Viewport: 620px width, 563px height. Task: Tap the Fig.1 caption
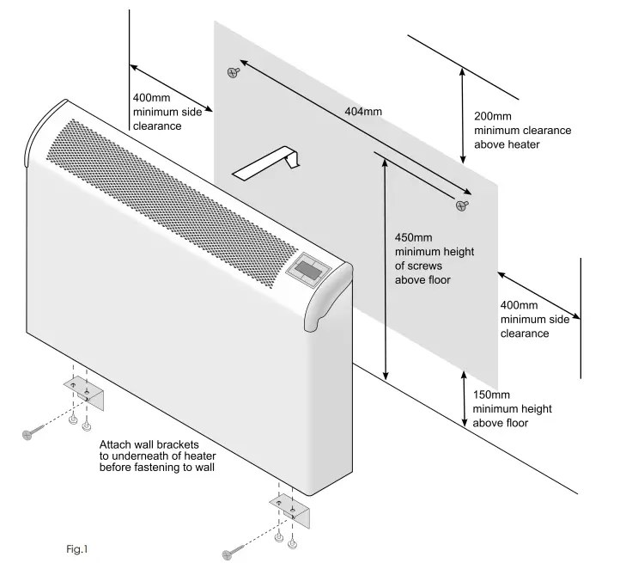76,547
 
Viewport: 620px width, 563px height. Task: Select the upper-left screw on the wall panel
232,72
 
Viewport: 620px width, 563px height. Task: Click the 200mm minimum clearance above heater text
522,131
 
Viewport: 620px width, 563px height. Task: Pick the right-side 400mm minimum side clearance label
524,319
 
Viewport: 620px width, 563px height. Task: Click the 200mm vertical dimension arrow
465,116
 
